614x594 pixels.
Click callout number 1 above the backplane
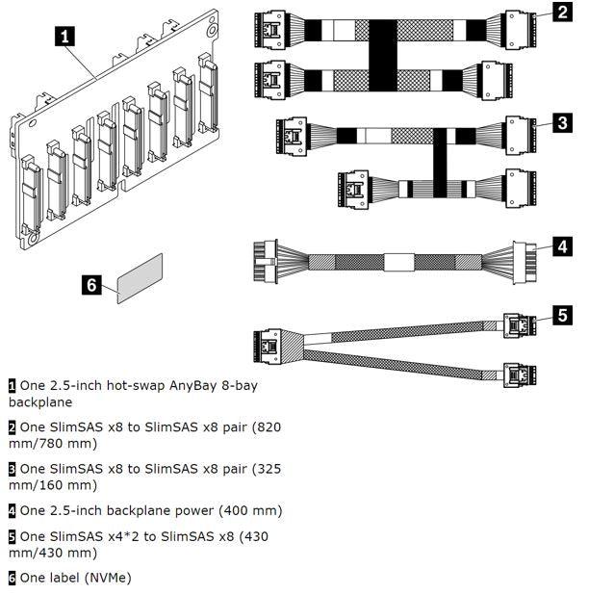(x=64, y=37)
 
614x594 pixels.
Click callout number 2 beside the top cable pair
(x=562, y=13)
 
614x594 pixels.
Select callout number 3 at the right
(x=562, y=122)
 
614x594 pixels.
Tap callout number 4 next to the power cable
(x=562, y=246)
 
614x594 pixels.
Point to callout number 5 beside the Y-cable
(x=562, y=315)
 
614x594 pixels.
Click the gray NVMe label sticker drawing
(x=140, y=278)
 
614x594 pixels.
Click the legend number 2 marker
(x=13, y=426)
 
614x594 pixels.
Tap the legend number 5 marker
(x=13, y=536)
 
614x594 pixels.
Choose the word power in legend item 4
(x=189, y=510)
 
